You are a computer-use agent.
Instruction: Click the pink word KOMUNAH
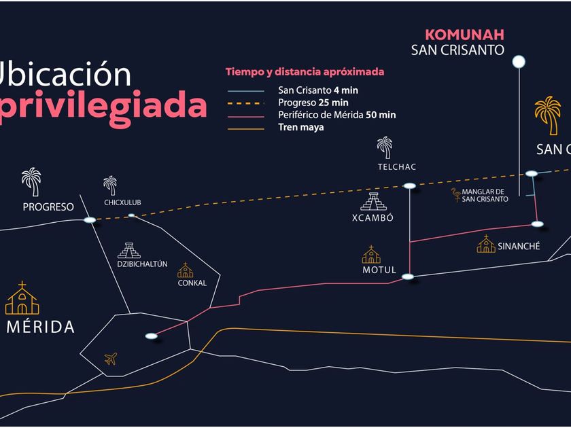click(x=465, y=35)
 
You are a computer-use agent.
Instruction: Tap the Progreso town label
click(x=48, y=207)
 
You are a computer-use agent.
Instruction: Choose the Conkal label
click(x=192, y=283)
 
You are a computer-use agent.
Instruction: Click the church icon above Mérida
click(x=22, y=299)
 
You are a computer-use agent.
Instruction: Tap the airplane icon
click(x=111, y=358)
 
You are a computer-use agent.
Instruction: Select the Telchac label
click(x=397, y=167)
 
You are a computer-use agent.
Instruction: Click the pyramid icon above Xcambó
click(x=372, y=202)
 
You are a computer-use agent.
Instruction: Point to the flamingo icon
click(x=455, y=195)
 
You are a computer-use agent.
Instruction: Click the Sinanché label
click(x=519, y=246)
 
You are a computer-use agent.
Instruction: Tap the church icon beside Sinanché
click(x=486, y=245)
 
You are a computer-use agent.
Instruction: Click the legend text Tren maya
click(x=301, y=127)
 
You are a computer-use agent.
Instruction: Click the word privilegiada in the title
click(x=104, y=105)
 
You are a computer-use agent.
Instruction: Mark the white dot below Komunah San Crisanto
click(x=519, y=63)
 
